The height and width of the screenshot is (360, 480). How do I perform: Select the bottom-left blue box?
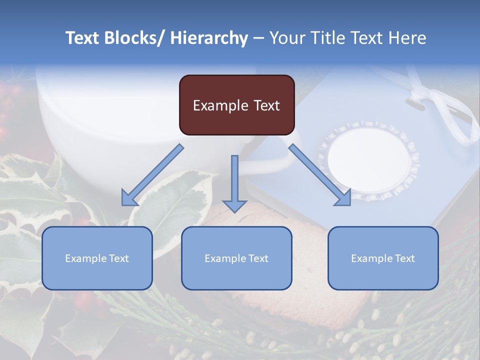pyautogui.click(x=97, y=258)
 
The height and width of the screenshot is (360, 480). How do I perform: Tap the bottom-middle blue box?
pyautogui.click(x=236, y=258)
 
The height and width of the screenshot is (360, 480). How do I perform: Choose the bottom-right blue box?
pyautogui.click(x=383, y=258)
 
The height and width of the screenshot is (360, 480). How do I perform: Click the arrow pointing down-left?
pyautogui.click(x=152, y=175)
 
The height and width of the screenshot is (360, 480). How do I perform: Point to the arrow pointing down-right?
pyautogui.click(x=320, y=175)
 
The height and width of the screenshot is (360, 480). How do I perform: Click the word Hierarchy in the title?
pyautogui.click(x=209, y=38)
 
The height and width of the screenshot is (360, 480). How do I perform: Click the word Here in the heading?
pyautogui.click(x=407, y=38)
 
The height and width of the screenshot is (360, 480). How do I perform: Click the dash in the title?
pyautogui.click(x=258, y=38)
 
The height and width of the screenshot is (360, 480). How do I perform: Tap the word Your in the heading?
pyautogui.click(x=287, y=38)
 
